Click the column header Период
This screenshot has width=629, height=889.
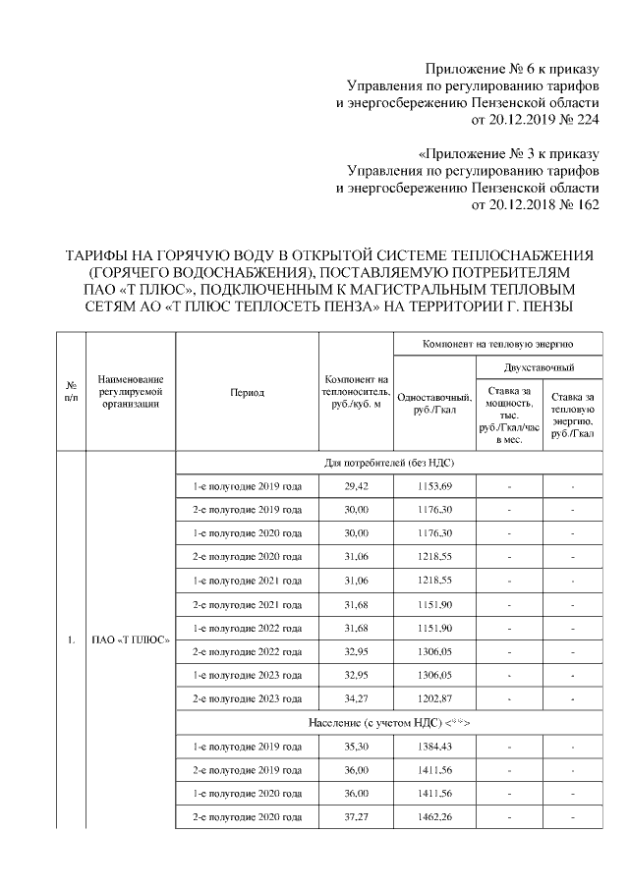pyautogui.click(x=247, y=392)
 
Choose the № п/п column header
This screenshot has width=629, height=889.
pyautogui.click(x=71, y=392)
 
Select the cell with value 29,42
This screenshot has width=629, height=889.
pyautogui.click(x=355, y=487)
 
